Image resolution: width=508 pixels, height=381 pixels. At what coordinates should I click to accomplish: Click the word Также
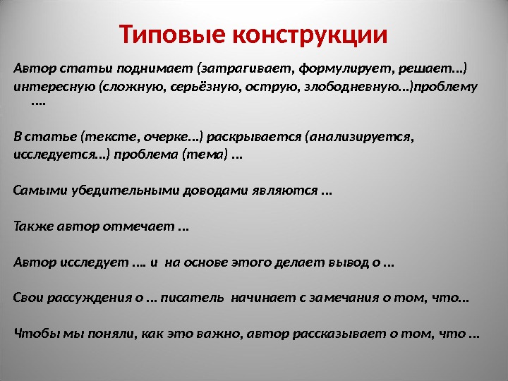30,226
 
